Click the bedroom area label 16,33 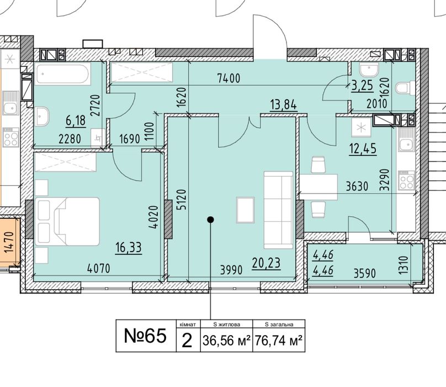click(129, 247)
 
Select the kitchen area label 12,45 click(363, 149)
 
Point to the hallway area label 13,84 click(283, 104)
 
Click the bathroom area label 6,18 click(76, 121)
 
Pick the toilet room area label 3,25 click(362, 86)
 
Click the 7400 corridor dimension click(229, 78)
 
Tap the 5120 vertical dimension click(182, 200)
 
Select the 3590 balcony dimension click(365, 273)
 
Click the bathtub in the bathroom click(62, 74)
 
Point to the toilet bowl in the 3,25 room click(405, 88)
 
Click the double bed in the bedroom click(67, 221)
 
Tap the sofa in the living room click(278, 210)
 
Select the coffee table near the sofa click(245, 210)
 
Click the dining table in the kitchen click(318, 187)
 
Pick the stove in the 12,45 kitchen click(406, 180)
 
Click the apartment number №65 click(145, 336)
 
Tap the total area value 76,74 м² click(278, 340)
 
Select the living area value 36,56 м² click(226, 340)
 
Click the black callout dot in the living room click(210, 219)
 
